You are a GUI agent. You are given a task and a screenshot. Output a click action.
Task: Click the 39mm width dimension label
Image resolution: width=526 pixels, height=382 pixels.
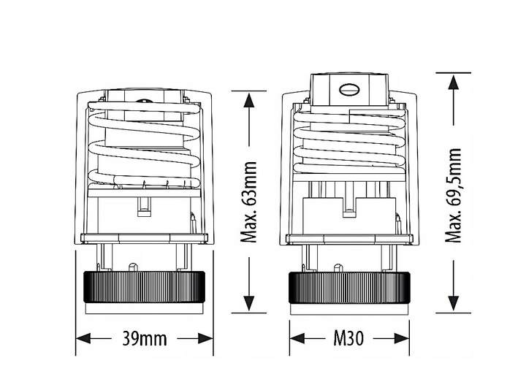pyautogui.click(x=144, y=339)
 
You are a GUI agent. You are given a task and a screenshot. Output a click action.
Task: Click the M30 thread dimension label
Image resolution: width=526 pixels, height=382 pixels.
pyautogui.click(x=349, y=339)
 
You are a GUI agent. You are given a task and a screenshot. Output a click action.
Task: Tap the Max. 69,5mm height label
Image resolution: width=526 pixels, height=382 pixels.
pyautogui.click(x=455, y=196)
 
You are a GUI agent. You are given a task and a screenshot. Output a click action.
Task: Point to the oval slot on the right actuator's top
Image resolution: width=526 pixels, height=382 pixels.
pyautogui.click(x=348, y=91)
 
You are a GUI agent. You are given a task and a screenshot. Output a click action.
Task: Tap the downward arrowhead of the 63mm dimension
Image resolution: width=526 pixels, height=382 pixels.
pyautogui.click(x=248, y=307)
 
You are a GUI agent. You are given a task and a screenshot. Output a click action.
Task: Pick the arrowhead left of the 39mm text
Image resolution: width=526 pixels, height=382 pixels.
pyautogui.click(x=84, y=339)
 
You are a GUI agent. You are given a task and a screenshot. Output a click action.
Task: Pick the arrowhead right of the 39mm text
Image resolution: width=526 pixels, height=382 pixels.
pyautogui.click(x=205, y=339)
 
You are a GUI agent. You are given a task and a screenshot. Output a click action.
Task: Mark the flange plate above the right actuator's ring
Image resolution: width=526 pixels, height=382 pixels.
pyautogui.click(x=348, y=239)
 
